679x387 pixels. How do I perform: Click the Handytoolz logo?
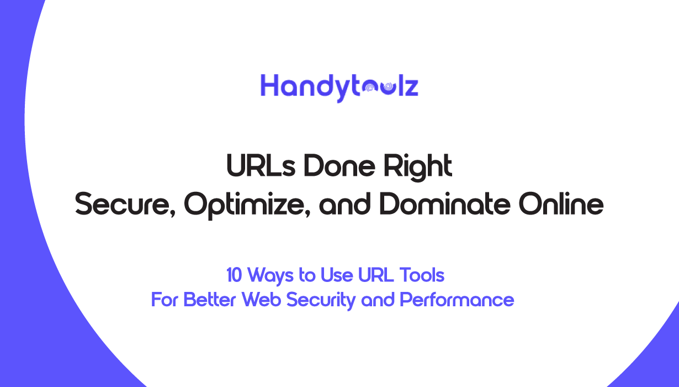click(339, 88)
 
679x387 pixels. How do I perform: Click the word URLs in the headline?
click(261, 166)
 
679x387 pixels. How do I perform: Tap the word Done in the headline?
click(339, 166)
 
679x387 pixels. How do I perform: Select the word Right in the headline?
click(418, 168)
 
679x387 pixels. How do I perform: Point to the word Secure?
click(125, 204)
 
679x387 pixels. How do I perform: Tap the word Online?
click(561, 203)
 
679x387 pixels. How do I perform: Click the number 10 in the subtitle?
click(234, 275)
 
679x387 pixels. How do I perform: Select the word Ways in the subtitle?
click(270, 276)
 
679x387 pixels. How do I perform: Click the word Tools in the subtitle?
click(422, 275)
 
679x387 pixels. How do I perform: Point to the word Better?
click(209, 300)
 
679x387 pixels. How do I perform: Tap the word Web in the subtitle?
click(261, 300)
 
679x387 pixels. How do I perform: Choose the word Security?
click(321, 301)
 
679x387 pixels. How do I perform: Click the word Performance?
click(457, 300)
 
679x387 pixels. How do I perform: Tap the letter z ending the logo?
click(412, 87)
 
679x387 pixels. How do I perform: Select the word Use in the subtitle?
click(337, 275)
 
